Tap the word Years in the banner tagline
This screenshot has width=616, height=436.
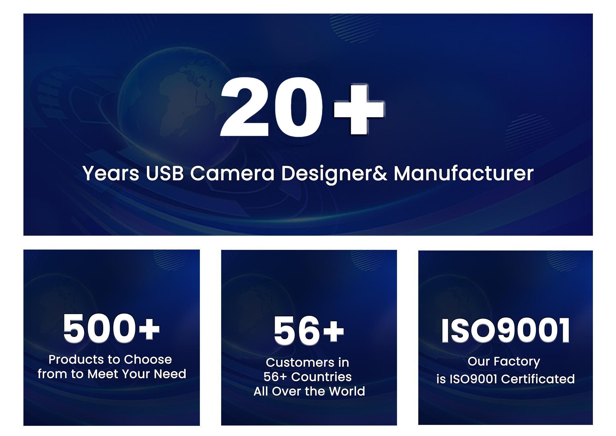(111, 173)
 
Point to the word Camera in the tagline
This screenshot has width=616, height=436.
(232, 173)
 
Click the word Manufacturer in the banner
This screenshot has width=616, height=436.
(464, 173)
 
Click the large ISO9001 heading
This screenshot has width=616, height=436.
(505, 331)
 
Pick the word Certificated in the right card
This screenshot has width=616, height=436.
(538, 379)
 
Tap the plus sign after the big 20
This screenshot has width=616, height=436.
(359, 109)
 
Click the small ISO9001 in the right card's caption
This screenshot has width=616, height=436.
(473, 379)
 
